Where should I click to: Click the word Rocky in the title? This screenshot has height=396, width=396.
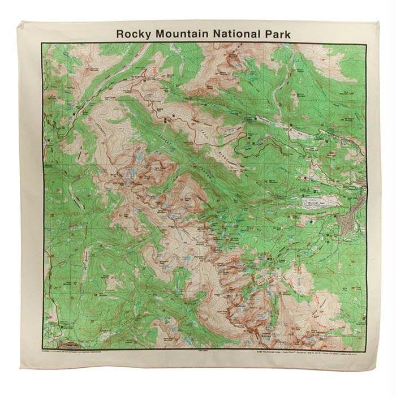[133, 34]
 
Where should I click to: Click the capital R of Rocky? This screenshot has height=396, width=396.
[119, 34]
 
